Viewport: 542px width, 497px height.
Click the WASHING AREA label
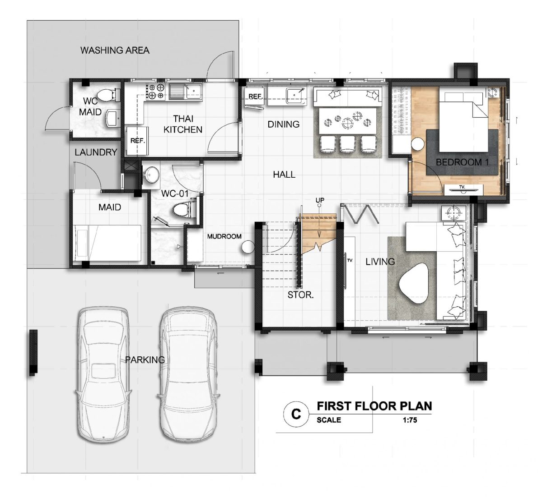115,50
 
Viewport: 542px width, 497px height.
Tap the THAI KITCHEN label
183,124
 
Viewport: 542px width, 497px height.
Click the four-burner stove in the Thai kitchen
156,92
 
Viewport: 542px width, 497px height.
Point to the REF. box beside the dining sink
255,96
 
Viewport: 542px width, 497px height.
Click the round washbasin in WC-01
151,174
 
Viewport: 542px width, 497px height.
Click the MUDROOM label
224,236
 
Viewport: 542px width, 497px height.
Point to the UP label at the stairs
320,200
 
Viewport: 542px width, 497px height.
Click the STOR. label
300,295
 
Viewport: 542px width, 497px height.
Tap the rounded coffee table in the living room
414,287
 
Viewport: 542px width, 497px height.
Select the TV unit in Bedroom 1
463,189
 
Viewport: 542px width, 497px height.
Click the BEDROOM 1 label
463,162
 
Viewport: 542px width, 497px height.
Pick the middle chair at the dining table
348,144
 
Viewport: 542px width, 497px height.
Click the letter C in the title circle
296,414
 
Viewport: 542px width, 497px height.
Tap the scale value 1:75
410,420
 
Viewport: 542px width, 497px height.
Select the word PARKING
145,359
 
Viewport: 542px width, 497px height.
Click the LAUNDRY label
96,152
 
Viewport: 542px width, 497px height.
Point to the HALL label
284,175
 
